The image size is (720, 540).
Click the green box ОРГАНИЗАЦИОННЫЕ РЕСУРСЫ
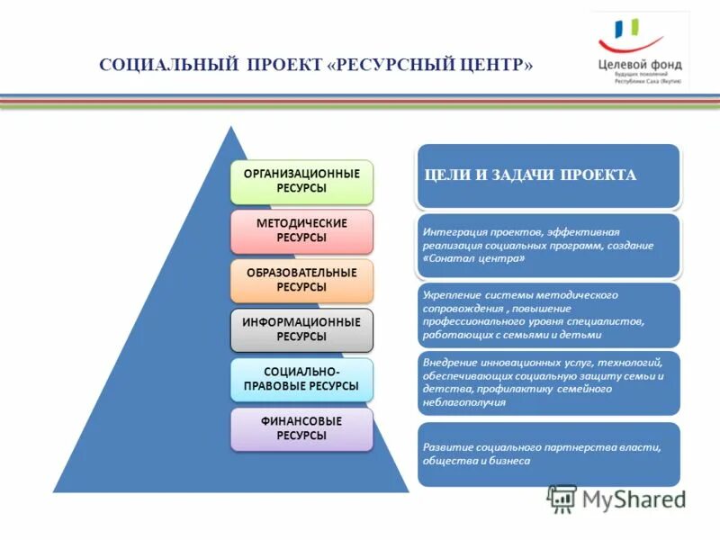[x=301, y=181]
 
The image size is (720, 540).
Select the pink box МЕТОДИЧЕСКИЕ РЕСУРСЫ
[x=301, y=230]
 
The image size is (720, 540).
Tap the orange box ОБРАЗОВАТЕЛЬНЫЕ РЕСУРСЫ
[x=301, y=280]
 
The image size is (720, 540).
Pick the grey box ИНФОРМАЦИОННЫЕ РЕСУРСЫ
[x=301, y=329]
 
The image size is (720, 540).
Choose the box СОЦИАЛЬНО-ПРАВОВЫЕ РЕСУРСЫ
[x=301, y=379]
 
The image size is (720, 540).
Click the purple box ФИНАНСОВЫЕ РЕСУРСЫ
[x=301, y=428]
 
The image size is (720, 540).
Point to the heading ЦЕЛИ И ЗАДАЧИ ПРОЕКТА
[x=530, y=175]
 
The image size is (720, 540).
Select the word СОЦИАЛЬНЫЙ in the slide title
[x=168, y=67]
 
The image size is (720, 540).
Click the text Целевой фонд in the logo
[x=640, y=64]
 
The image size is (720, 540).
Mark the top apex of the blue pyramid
[x=231, y=127]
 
